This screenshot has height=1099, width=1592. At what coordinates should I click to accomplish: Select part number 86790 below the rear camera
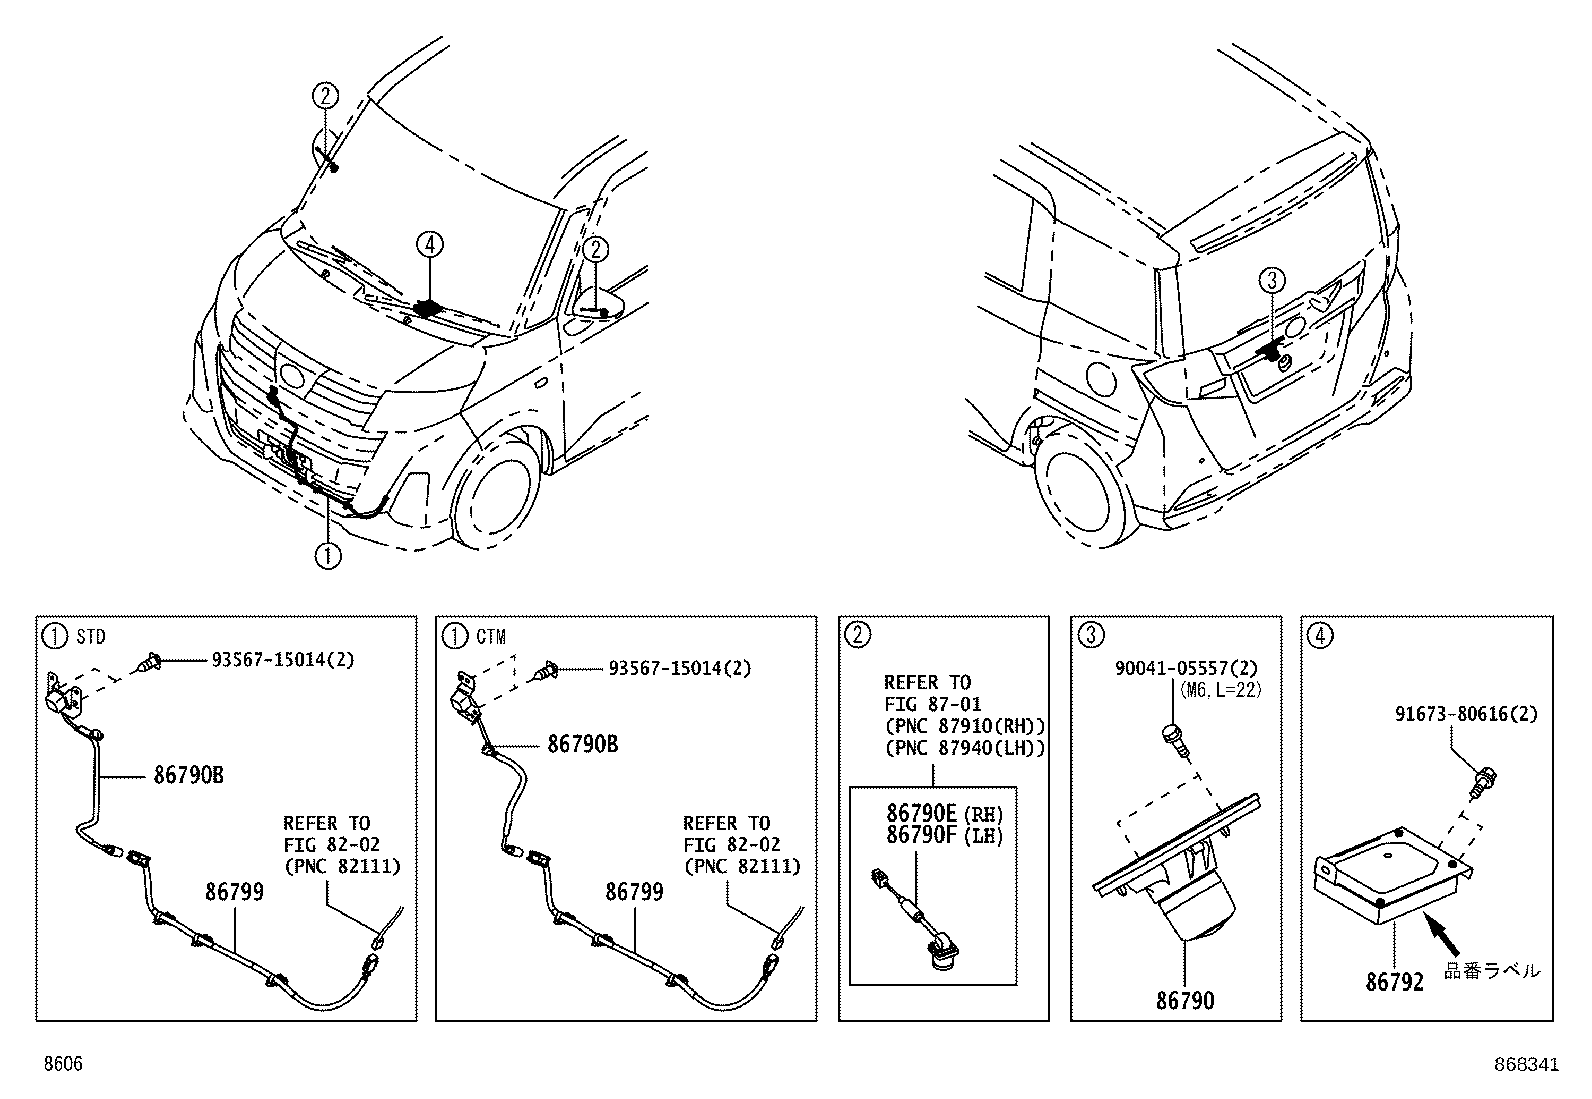1185,1000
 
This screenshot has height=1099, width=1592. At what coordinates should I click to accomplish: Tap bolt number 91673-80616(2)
1466,714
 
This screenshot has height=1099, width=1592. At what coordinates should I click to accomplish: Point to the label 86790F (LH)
945,834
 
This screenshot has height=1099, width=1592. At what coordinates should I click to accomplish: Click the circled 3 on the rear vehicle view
1270,283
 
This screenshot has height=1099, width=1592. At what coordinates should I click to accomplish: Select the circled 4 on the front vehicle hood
429,244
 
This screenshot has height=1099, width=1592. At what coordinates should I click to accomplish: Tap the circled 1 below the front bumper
328,554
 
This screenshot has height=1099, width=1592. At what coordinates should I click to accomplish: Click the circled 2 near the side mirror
596,249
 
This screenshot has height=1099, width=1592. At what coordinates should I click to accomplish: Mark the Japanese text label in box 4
1492,970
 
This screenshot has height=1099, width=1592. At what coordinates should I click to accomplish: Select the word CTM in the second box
490,636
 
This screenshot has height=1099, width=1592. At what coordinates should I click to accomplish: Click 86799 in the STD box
234,891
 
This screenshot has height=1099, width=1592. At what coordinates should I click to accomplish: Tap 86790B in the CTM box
582,745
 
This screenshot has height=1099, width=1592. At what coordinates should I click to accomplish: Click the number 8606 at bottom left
61,1065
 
